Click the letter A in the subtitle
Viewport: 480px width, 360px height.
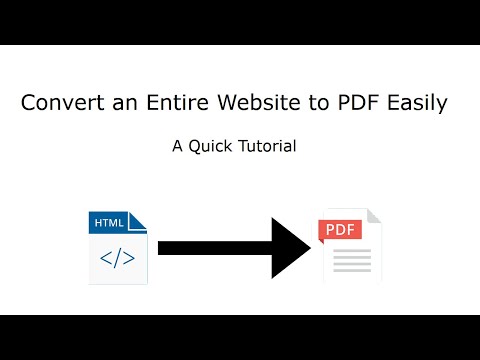pyautogui.click(x=178, y=146)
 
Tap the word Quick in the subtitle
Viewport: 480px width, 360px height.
pyautogui.click(x=212, y=146)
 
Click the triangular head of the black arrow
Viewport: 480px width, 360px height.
pyautogui.click(x=290, y=246)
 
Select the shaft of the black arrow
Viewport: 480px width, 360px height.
pyautogui.click(x=210, y=246)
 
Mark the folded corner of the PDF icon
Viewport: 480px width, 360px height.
pyautogui.click(x=373, y=217)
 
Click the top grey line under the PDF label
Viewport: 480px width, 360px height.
pyautogui.click(x=351, y=251)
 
